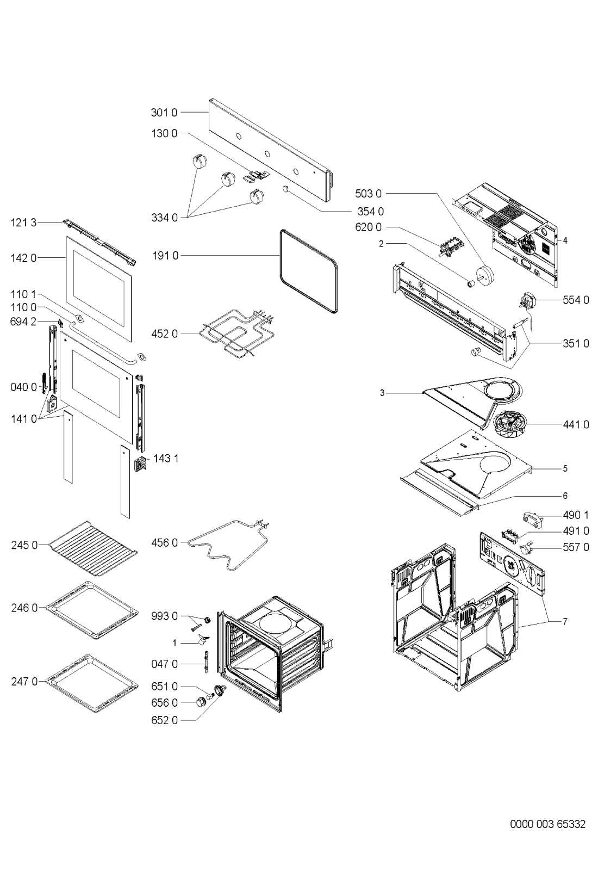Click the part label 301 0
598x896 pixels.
point(164,113)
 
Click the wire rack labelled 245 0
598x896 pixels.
point(93,548)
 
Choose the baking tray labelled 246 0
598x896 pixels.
point(92,610)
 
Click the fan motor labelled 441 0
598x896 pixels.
point(510,425)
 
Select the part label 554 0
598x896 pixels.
point(576,300)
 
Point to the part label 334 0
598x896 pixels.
point(164,218)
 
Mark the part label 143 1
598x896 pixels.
point(166,459)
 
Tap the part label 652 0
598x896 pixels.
point(164,720)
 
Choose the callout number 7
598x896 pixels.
point(565,621)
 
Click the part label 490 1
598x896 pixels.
point(576,515)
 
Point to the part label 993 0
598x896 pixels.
point(164,616)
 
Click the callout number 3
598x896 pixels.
point(382,393)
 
